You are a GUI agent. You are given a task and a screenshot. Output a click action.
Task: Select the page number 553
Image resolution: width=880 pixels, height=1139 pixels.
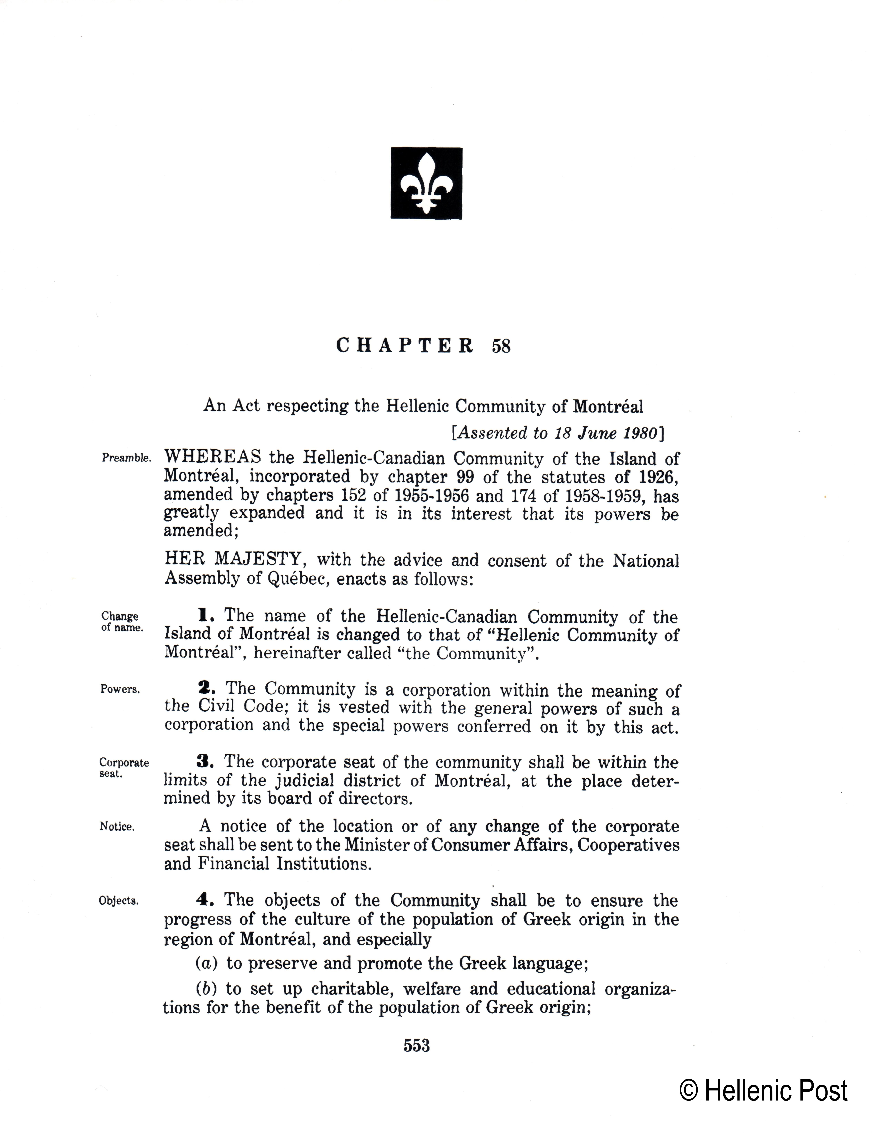tap(417, 1046)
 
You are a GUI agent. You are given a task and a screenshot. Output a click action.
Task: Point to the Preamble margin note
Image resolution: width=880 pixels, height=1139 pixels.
tap(126, 458)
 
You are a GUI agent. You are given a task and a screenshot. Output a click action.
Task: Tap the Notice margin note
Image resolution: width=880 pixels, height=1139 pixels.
tap(117, 827)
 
